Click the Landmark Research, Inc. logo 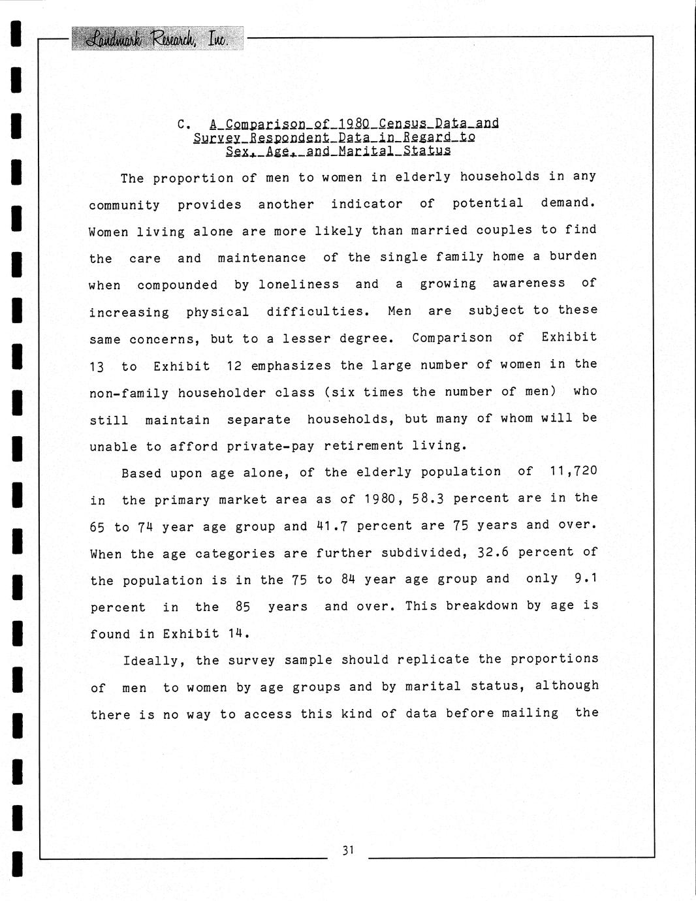coord(156,39)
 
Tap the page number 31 coord(347,849)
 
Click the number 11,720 coord(574,471)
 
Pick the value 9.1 coord(586,578)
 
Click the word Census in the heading coord(402,123)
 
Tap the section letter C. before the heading coord(183,124)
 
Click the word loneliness coord(299,285)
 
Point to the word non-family coord(129,393)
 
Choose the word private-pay coord(270,447)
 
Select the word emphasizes coord(291,366)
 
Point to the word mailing coord(530,713)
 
